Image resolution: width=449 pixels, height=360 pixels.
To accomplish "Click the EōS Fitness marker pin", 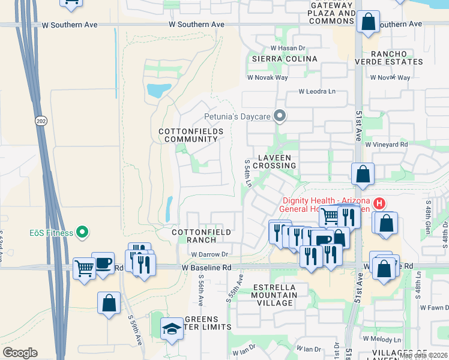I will [x=83, y=232].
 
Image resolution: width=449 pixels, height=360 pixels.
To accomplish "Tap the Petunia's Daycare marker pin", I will [x=279, y=116].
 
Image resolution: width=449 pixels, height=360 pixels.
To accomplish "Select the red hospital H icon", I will [x=379, y=203].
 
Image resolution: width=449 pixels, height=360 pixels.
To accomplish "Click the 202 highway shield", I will [x=40, y=119].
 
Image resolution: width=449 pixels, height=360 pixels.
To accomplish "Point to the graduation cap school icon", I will [x=172, y=328].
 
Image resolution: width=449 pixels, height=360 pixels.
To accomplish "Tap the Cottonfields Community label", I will [x=191, y=135].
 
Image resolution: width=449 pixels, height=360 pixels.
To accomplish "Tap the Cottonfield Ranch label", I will [x=193, y=235].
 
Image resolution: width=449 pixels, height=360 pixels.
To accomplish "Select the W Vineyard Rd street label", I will [x=386, y=144].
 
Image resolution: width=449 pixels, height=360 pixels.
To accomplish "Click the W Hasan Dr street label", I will [x=288, y=48].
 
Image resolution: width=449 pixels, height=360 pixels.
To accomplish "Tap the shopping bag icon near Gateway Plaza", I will [x=367, y=22].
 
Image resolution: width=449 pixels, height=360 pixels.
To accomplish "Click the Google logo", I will [x=20, y=353].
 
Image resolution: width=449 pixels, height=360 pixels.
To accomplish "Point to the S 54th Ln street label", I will [x=247, y=173].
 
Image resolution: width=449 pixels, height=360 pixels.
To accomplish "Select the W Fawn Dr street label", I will [x=435, y=307].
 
